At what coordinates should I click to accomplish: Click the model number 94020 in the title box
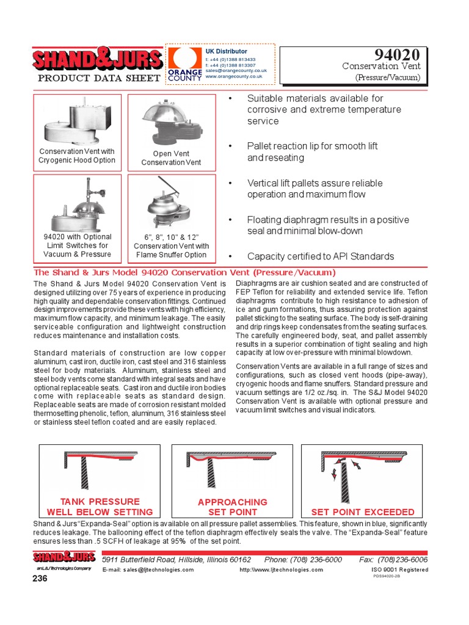tap(399, 56)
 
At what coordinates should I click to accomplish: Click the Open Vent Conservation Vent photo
tap(171, 122)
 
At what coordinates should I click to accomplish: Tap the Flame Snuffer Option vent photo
tap(171, 203)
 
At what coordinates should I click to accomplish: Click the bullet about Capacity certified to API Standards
tap(321, 256)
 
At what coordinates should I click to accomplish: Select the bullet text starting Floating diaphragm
tap(328, 225)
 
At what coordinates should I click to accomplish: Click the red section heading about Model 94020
tap(184, 273)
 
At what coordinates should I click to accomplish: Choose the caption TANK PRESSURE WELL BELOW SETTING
tap(100, 507)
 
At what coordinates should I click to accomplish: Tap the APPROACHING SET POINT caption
tap(233, 507)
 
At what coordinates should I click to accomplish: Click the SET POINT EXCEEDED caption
tap(363, 512)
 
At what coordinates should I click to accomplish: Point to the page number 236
tap(40, 579)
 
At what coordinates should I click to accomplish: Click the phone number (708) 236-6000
tap(303, 560)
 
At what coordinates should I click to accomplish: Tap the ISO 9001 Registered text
tap(399, 569)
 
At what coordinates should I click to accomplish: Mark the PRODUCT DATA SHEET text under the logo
tap(99, 78)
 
